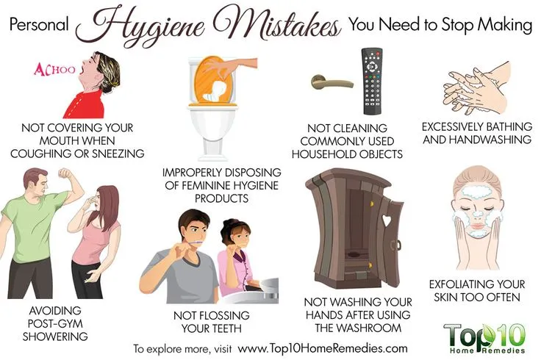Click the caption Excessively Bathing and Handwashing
477,132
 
